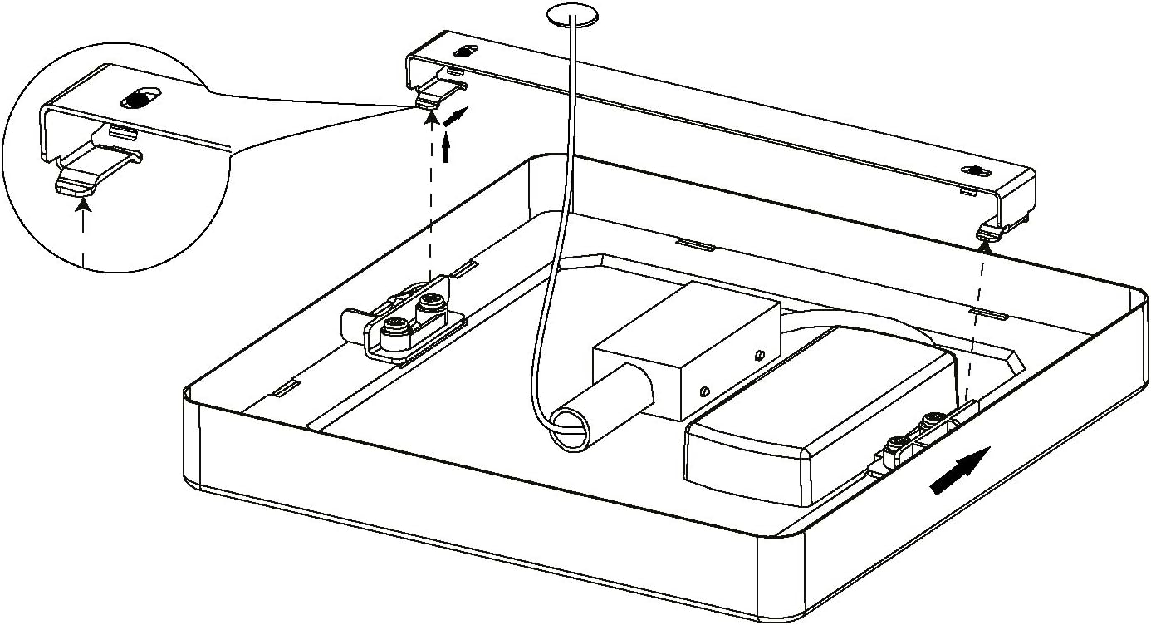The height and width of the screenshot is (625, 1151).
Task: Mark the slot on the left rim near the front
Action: (x=287, y=387)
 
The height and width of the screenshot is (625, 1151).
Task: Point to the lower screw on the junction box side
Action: (x=704, y=389)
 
